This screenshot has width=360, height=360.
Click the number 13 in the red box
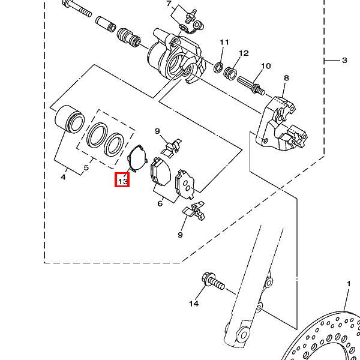pos(122,181)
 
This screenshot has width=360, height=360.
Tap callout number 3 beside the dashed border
pos(344,61)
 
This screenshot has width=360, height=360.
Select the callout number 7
pos(169,4)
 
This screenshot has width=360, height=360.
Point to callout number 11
pos(224,42)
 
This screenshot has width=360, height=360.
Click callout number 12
pos(244,53)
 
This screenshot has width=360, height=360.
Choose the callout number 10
pos(266,66)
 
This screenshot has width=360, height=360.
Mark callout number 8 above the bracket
pos(286,78)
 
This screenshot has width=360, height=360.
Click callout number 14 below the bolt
pos(194,304)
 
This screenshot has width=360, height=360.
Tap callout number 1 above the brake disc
pos(349,284)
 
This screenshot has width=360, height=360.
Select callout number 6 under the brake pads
pos(160,203)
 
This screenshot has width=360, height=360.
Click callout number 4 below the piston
pos(63,177)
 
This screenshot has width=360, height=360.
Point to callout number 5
pos(86,167)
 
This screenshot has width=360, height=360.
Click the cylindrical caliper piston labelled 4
pos(70,119)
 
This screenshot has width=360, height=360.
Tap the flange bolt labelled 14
pos(213,281)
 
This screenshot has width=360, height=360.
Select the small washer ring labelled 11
pos(218,67)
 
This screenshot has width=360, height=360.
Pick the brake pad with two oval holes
pos(185,184)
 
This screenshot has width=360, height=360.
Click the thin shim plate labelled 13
pos(137,158)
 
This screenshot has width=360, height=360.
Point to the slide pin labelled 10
pos(251,85)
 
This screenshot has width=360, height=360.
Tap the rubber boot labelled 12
pos(230,73)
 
